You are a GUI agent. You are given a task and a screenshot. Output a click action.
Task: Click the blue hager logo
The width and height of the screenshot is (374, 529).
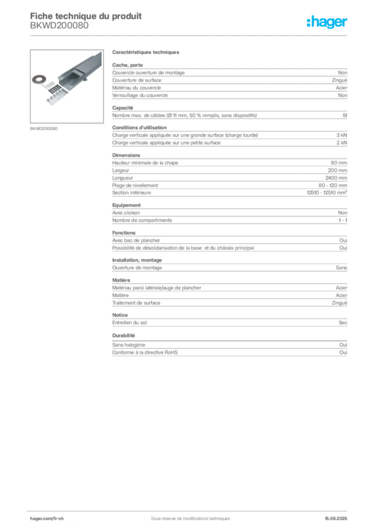328,23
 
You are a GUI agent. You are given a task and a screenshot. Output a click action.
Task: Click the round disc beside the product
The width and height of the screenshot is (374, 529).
38,79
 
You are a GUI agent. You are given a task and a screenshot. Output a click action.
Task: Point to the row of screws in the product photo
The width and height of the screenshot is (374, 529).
54,94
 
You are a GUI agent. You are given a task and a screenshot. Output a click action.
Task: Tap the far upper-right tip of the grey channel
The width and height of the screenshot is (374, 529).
101,52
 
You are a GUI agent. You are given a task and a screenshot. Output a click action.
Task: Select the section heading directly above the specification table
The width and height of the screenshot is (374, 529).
146,53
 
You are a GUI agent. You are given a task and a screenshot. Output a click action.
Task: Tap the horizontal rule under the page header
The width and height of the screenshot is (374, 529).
190,35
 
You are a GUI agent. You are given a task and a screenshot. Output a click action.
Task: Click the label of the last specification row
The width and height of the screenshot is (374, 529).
130,343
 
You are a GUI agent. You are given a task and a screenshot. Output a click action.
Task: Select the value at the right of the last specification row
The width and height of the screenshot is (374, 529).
345,343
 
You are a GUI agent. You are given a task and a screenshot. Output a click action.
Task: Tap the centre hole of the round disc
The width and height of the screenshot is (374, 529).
38,79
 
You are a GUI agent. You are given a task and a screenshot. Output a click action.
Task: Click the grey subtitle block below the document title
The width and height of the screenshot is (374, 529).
59,28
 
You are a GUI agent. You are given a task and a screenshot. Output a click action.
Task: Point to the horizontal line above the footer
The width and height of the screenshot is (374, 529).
190,510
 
